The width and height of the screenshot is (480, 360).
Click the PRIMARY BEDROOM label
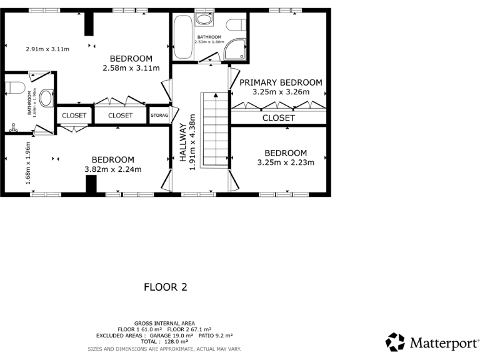pyautogui.click(x=281, y=82)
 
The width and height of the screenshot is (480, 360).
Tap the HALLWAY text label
pyautogui.click(x=183, y=142)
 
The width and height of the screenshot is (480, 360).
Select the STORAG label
pyautogui.click(x=159, y=116)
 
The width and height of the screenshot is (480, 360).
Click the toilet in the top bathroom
pyautogui.click(x=235, y=24)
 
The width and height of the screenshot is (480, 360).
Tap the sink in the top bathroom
pyautogui.click(x=204, y=19)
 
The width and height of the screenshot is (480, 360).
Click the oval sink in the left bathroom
pyautogui.click(x=47, y=99)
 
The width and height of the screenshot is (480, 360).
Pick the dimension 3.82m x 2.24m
pyautogui.click(x=112, y=169)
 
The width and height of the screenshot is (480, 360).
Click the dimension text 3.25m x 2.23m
pyautogui.click(x=286, y=162)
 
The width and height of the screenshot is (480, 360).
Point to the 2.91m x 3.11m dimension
pyautogui.click(x=47, y=49)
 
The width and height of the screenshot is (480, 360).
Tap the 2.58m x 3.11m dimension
pyautogui.click(x=131, y=68)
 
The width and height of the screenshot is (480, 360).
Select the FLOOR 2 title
pyautogui.click(x=166, y=287)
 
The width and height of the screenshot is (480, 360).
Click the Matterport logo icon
pyautogui.click(x=394, y=342)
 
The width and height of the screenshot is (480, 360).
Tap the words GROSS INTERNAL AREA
pyautogui.click(x=164, y=323)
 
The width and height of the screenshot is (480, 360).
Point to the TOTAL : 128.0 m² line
pyautogui.click(x=164, y=342)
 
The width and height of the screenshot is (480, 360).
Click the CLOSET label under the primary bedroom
pyautogui.click(x=278, y=117)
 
